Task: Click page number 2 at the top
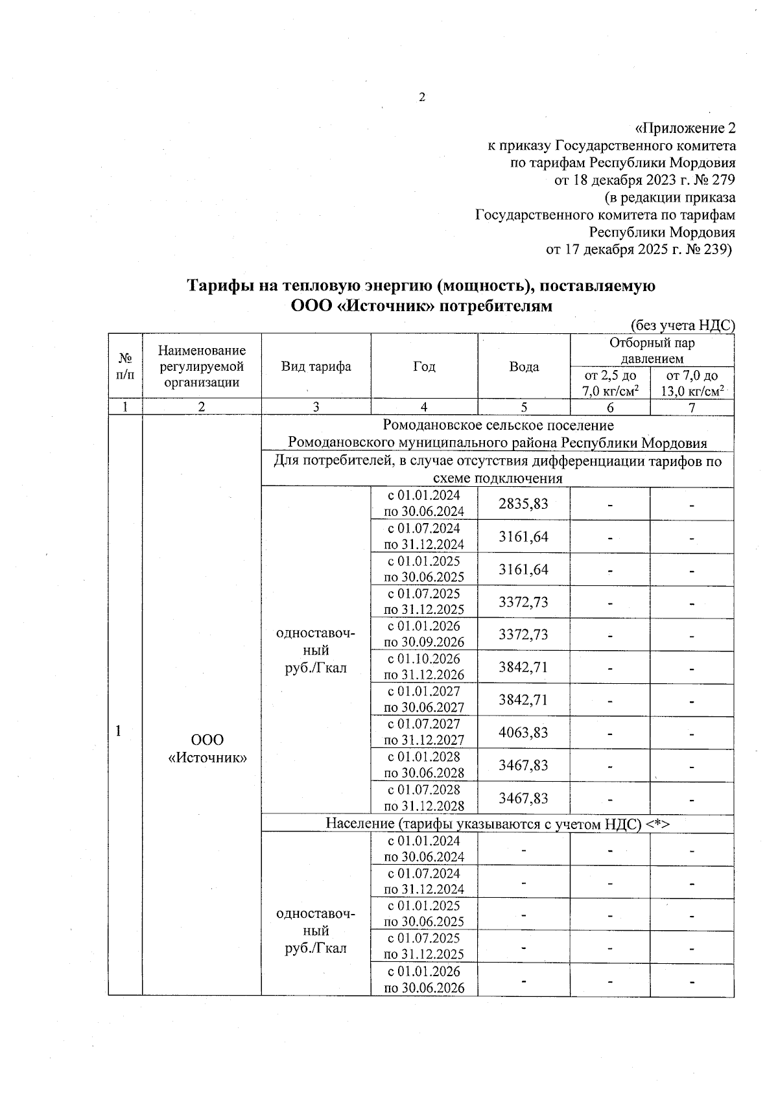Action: click(x=422, y=98)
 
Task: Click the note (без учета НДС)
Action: click(x=683, y=326)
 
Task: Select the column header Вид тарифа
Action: click(x=316, y=367)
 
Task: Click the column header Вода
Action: click(x=524, y=368)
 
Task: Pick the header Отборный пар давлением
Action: click(x=652, y=351)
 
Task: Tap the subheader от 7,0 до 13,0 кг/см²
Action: click(x=692, y=384)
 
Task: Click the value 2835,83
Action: click(x=523, y=504)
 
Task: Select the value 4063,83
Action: click(x=523, y=732)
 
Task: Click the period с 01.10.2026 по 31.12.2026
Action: click(x=424, y=667)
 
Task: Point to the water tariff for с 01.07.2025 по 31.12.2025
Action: click(x=523, y=602)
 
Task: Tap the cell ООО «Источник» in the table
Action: click(x=207, y=748)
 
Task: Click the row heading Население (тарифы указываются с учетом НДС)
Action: click(x=497, y=824)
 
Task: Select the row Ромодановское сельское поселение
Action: click(x=497, y=426)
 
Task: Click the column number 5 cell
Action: click(x=524, y=408)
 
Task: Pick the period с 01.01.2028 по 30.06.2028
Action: click(x=424, y=765)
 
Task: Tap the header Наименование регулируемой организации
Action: click(x=202, y=367)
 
